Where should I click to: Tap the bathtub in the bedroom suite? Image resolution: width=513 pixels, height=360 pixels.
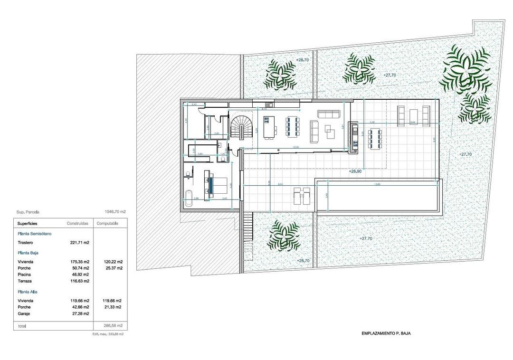[189, 202]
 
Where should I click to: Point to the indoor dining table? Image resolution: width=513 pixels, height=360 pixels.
[291, 126]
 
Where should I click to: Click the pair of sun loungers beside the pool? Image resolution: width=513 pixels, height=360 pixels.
[302, 195]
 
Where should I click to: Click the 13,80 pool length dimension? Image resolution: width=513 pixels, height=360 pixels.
[378, 184]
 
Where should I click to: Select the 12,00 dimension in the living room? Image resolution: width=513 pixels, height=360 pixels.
[296, 148]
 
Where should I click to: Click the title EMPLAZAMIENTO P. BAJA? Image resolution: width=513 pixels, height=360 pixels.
[386, 333]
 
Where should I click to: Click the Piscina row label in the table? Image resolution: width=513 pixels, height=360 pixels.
[24, 275]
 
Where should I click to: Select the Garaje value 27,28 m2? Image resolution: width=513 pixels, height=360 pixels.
[79, 314]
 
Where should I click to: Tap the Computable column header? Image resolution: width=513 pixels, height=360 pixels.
[107, 223]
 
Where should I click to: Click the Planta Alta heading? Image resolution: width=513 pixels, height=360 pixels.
[28, 292]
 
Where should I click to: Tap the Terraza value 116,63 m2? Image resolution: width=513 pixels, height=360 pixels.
[79, 281]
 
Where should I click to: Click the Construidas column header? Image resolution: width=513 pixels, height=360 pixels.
[78, 223]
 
